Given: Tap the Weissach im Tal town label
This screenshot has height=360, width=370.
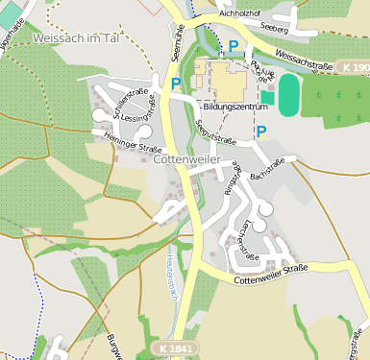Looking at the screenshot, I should [x=74, y=38].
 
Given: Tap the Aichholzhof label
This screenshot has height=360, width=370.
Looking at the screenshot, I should [x=240, y=14].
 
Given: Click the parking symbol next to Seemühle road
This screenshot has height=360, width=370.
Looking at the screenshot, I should [x=176, y=84].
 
